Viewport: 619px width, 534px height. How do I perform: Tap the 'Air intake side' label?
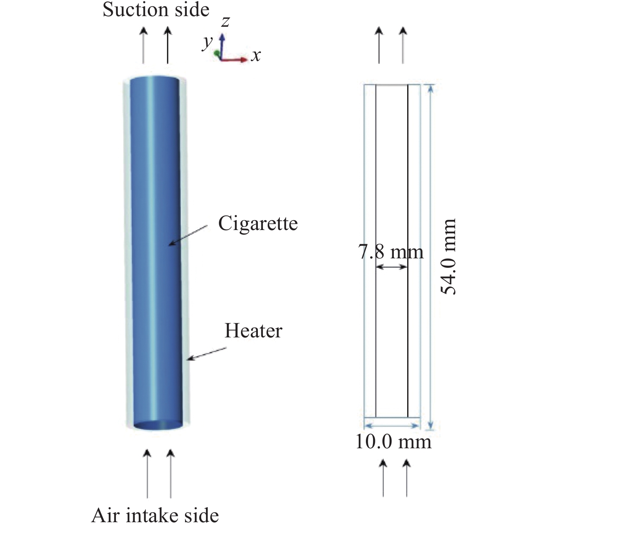[155, 515]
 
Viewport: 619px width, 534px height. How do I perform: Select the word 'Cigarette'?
[258, 223]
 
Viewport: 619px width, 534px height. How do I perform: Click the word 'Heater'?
[253, 331]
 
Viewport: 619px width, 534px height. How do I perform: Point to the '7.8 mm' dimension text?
[391, 252]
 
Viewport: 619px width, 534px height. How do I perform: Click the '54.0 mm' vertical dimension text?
[448, 256]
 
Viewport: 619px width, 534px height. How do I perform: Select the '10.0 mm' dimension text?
[393, 442]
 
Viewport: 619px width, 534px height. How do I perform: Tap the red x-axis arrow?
[236, 60]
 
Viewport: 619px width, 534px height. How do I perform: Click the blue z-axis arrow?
[222, 45]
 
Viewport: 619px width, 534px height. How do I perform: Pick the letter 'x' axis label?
[256, 55]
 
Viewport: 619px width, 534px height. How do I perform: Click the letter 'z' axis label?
[225, 21]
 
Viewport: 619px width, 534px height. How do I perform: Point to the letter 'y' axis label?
[208, 41]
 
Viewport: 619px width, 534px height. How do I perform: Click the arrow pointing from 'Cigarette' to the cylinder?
[188, 236]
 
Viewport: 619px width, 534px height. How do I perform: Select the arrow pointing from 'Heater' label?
[207, 353]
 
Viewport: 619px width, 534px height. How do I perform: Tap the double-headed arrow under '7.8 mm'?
[391, 267]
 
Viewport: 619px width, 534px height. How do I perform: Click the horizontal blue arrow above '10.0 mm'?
[391, 425]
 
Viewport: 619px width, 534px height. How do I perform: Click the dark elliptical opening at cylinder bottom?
[158, 425]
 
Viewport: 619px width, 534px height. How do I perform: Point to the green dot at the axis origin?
[217, 53]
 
